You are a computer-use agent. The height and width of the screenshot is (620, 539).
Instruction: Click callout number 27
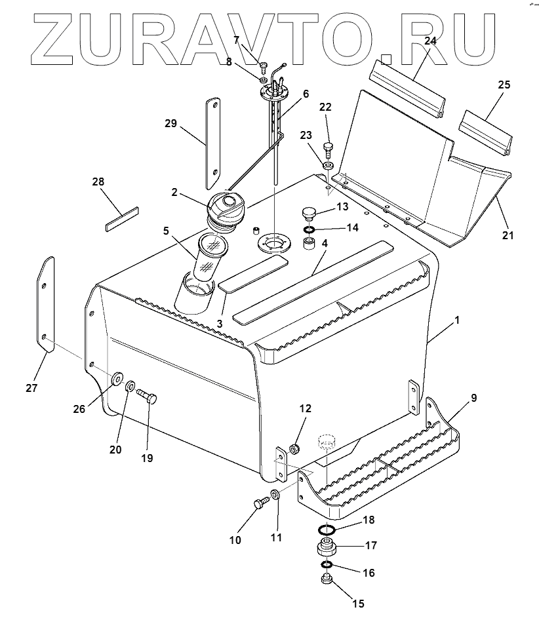(31, 388)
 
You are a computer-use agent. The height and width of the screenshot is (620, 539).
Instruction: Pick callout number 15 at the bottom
(358, 604)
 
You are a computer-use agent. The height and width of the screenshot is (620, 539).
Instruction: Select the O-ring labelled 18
(327, 530)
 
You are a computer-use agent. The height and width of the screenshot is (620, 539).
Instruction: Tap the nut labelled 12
(294, 450)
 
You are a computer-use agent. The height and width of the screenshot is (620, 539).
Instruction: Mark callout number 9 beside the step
(473, 397)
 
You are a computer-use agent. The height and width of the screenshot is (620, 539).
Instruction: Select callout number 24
(429, 41)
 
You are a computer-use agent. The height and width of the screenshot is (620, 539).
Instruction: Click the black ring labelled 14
(308, 230)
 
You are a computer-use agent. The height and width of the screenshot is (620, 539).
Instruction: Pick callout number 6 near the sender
(306, 94)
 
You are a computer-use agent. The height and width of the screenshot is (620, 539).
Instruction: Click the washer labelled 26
(118, 378)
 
